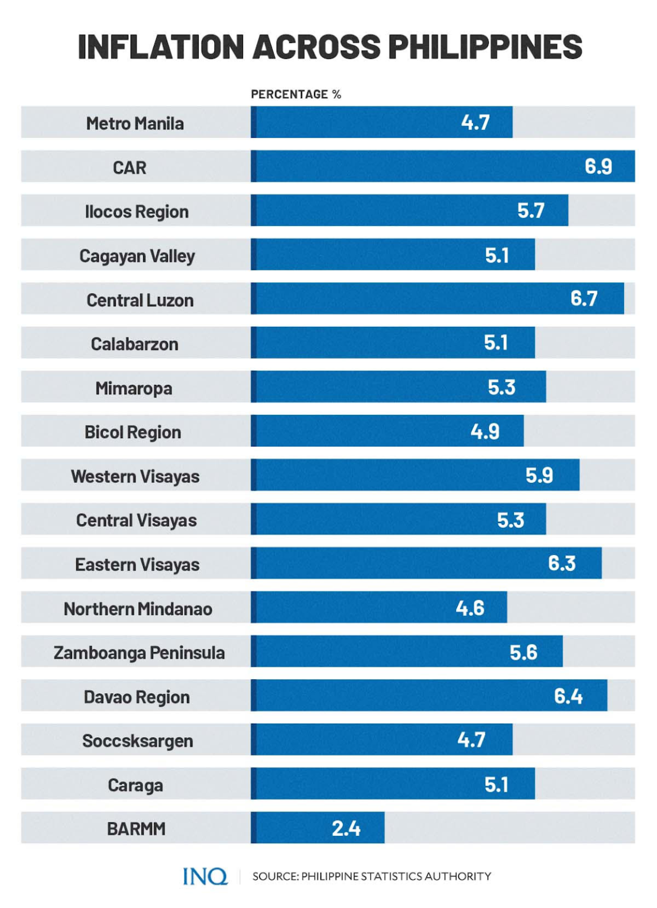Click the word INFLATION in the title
(160, 47)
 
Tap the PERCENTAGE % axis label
(296, 95)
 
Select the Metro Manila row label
(135, 124)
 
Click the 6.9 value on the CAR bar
(598, 167)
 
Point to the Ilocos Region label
(137, 212)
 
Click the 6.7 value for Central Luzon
(584, 299)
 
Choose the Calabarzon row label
(134, 344)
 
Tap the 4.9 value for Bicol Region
(485, 432)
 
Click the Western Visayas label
(135, 476)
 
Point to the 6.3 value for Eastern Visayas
(561, 563)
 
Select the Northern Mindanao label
(138, 609)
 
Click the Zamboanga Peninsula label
(139, 653)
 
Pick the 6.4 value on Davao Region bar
(568, 696)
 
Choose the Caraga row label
(135, 785)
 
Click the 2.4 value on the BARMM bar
(346, 828)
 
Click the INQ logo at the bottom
(205, 876)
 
